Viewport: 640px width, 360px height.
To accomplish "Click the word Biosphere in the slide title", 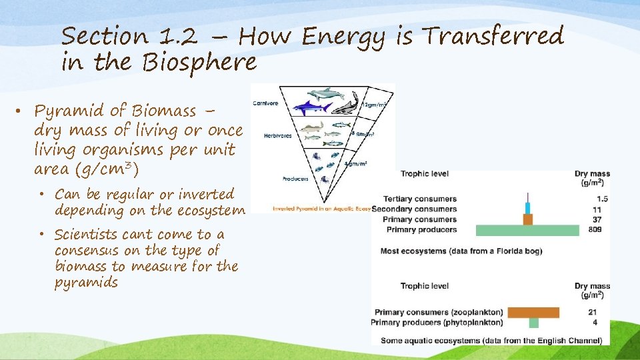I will click(199, 62).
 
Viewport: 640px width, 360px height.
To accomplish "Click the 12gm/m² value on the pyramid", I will click(374, 104).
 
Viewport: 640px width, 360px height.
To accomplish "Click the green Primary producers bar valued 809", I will click(527, 230).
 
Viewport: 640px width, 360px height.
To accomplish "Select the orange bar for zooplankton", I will click(533, 312).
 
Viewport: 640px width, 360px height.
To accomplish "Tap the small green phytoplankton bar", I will click(533, 323).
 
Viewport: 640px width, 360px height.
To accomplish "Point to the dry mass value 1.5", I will click(602, 199).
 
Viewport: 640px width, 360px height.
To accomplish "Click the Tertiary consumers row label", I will click(420, 199).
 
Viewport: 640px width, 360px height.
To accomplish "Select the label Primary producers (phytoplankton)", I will click(439, 323).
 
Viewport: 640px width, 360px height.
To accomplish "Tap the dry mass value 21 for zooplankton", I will click(593, 312).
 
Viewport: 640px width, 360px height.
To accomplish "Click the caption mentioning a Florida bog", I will click(461, 251).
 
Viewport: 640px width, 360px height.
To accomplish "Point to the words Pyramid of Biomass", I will click(115, 111).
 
